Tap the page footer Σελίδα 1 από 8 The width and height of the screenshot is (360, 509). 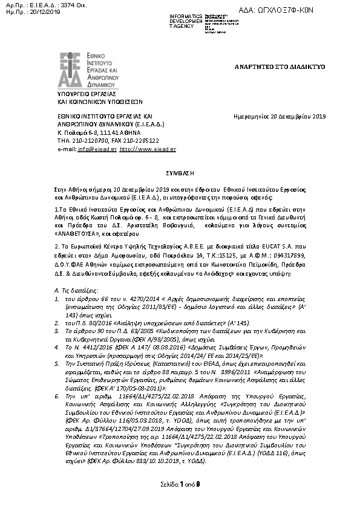click(180, 501)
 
